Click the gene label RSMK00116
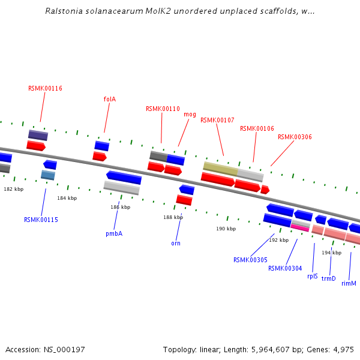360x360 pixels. tap(45, 88)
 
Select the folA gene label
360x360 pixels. tap(110, 99)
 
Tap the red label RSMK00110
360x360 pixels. tap(163, 109)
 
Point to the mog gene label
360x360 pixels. tap(190, 114)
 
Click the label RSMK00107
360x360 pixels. tap(217, 120)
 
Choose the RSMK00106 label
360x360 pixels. tap(257, 128)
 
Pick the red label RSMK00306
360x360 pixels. tap(295, 137)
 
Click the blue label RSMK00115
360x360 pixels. tap(41, 220)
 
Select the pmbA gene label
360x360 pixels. tap(114, 233)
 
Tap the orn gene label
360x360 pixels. tap(176, 243)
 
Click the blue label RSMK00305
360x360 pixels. tap(250, 260)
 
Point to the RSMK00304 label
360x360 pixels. tap(285, 268)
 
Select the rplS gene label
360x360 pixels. tap(312, 277)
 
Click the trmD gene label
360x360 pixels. tap(329, 278)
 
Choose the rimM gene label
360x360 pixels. tap(349, 283)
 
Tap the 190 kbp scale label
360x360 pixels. tap(226, 229)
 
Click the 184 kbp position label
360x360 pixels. tap(67, 198)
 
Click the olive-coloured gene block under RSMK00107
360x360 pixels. tap(220, 168)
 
